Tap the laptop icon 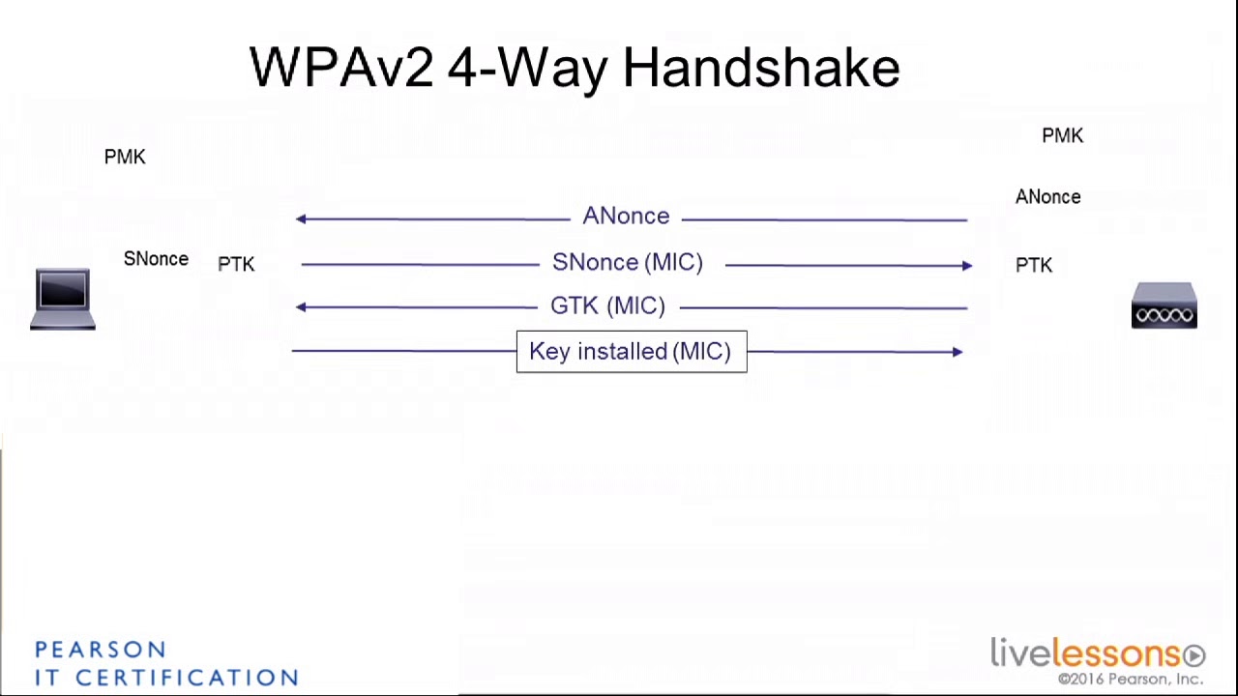click(x=63, y=299)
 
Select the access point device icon click(x=1164, y=305)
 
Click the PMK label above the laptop click(x=125, y=157)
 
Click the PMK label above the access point click(x=1062, y=136)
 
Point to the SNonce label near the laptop click(x=156, y=259)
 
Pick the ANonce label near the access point click(x=1047, y=197)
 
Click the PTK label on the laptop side click(x=236, y=264)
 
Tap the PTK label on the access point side click(x=1033, y=265)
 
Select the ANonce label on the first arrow click(x=626, y=217)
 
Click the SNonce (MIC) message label click(x=627, y=263)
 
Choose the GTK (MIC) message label click(x=607, y=306)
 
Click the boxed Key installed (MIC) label click(x=631, y=352)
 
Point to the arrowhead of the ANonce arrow click(x=301, y=219)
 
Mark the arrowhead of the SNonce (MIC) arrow click(x=967, y=265)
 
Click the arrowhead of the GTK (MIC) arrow click(x=301, y=307)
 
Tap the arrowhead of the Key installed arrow click(x=958, y=352)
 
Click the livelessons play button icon click(x=1194, y=655)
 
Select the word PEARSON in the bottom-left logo click(x=101, y=650)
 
